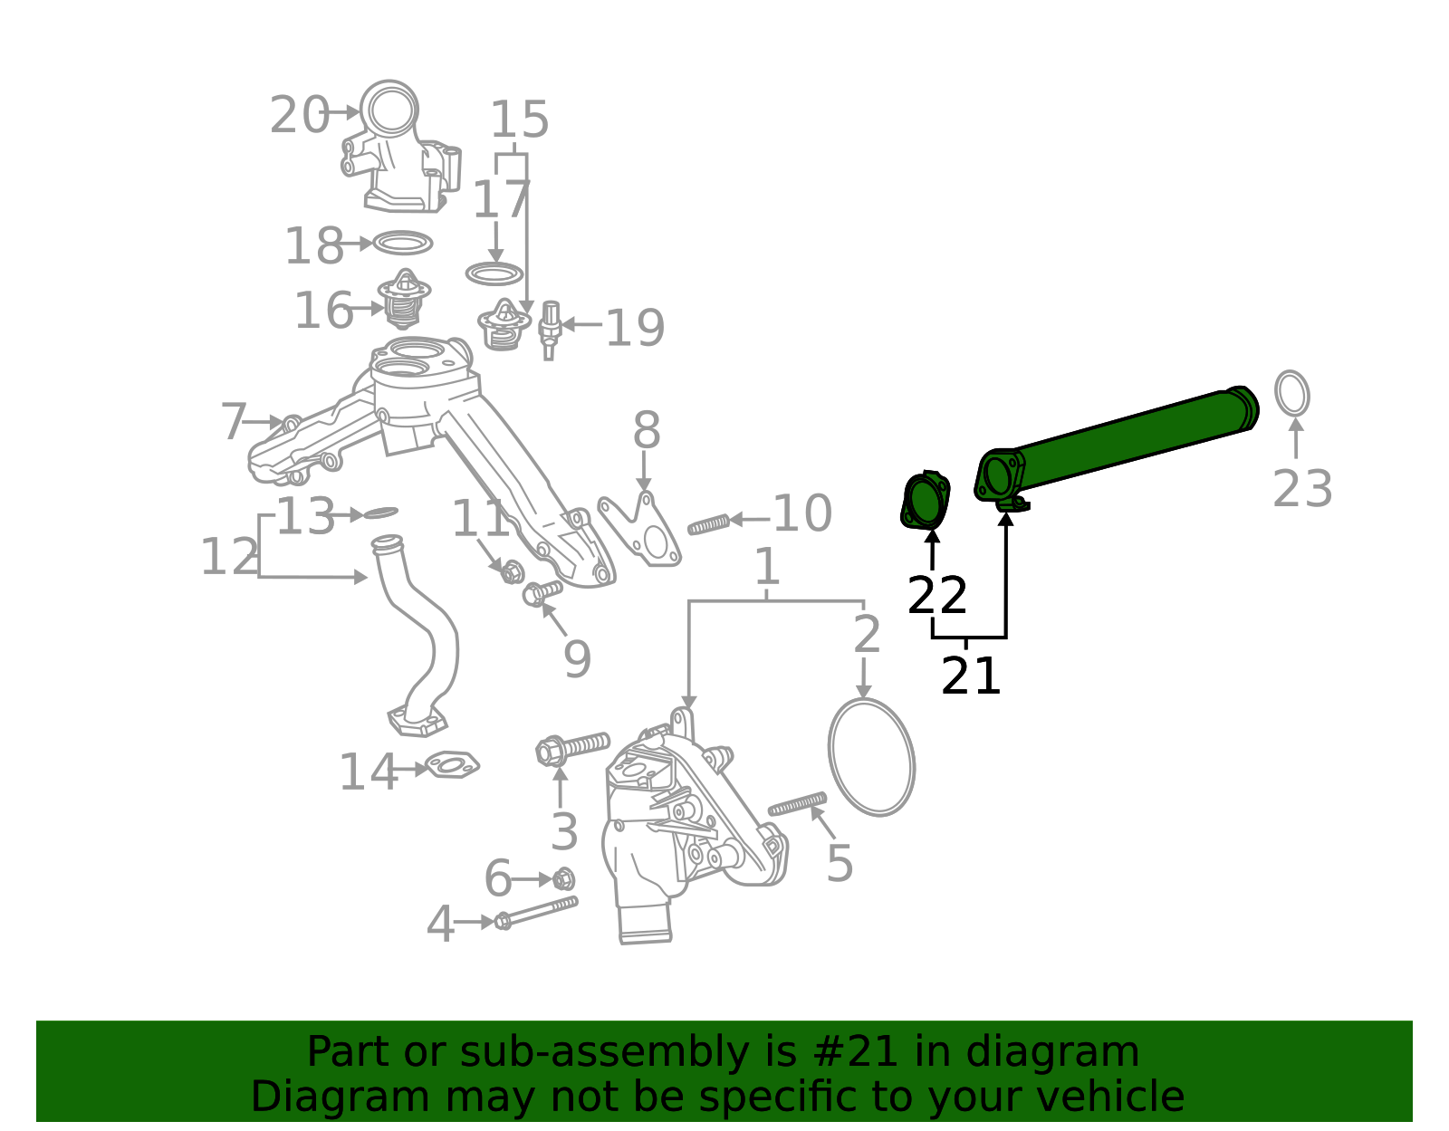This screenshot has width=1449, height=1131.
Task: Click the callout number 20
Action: (x=299, y=116)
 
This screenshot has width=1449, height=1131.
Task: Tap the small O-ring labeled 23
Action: (x=1292, y=394)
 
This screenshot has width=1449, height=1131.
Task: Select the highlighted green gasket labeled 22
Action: (x=925, y=501)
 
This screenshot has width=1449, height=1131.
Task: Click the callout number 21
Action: (x=971, y=676)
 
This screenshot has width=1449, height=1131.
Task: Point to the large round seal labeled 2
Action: (x=871, y=757)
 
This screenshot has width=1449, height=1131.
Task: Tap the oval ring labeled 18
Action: (x=403, y=243)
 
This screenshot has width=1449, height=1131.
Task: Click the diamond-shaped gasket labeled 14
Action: (x=452, y=765)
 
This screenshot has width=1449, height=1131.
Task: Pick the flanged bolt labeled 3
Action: (x=572, y=748)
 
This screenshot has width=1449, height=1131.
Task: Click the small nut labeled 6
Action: (x=563, y=878)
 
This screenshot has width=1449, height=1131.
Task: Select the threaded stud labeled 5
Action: (x=797, y=803)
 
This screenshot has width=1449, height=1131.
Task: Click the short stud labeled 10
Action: (x=708, y=523)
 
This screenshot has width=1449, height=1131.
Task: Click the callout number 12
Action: (x=229, y=557)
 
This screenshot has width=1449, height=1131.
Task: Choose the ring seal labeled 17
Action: (x=494, y=273)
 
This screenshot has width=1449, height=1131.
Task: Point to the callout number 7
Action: (x=234, y=422)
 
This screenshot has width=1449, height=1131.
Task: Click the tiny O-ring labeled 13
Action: (x=379, y=513)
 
